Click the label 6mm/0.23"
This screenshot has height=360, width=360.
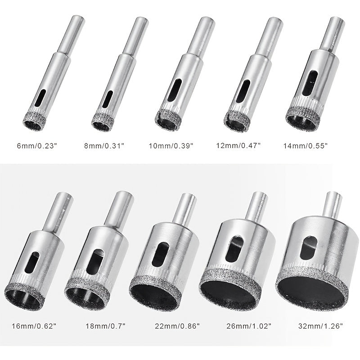pyautogui.click(x=41, y=146)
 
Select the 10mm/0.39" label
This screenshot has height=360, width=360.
pyautogui.click(x=171, y=146)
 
